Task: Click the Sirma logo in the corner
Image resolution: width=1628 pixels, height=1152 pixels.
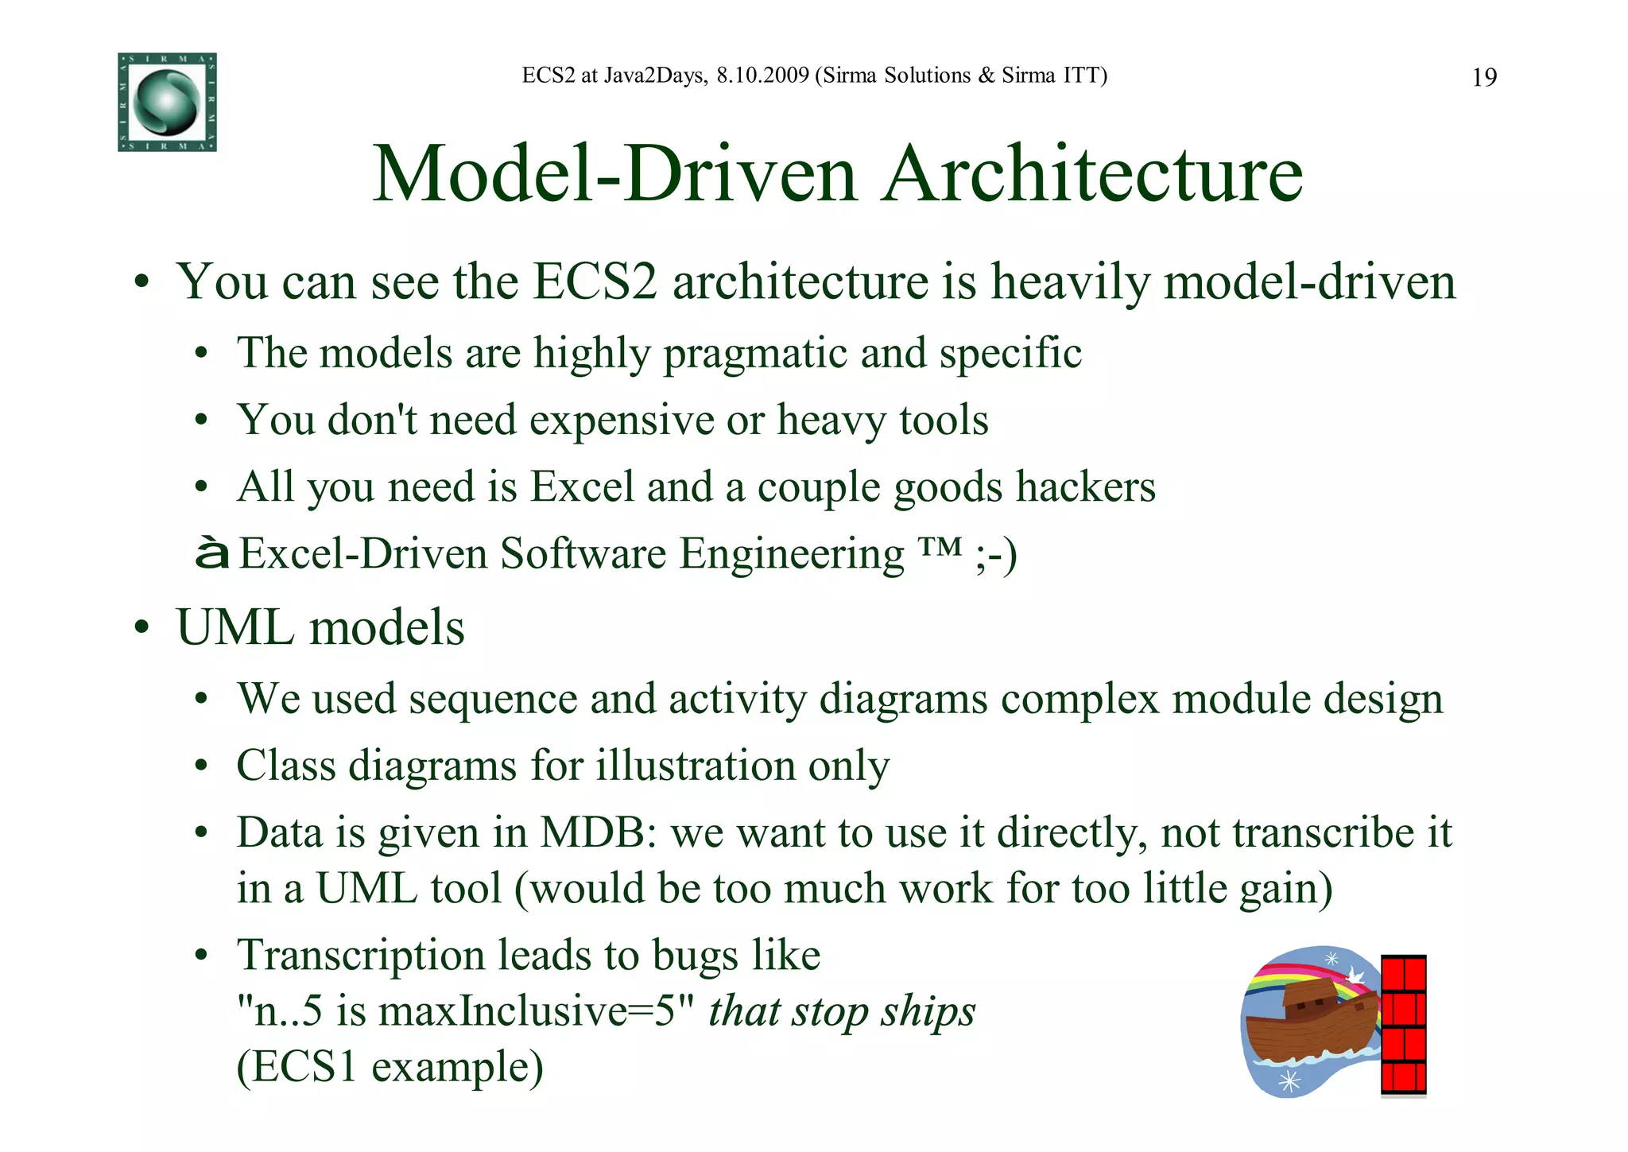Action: (167, 102)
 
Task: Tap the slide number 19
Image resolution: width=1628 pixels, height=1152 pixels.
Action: (1484, 78)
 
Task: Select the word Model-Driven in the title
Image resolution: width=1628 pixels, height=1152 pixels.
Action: (614, 174)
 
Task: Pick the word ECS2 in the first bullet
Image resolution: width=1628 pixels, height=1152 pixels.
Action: (595, 282)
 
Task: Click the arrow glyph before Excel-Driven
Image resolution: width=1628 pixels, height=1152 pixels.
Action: (211, 554)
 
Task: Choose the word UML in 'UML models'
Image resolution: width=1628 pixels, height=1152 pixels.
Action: (235, 628)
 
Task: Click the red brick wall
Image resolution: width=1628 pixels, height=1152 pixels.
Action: (1403, 1026)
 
